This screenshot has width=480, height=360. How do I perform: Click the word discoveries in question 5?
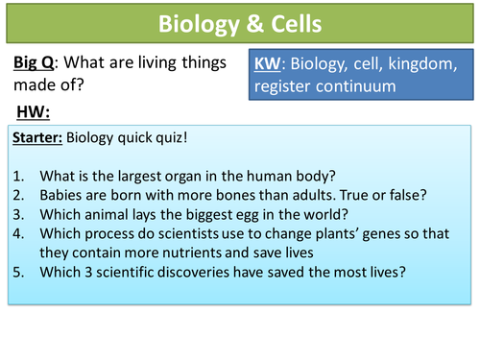188,272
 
